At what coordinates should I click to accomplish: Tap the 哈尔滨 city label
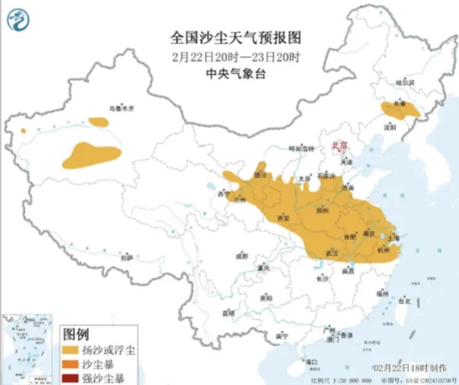click(x=405, y=82)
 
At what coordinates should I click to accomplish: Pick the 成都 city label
click(x=241, y=255)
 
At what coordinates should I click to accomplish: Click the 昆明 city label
click(x=228, y=313)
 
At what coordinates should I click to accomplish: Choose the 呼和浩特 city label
click(x=302, y=149)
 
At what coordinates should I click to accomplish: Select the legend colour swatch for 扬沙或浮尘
click(x=72, y=350)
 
